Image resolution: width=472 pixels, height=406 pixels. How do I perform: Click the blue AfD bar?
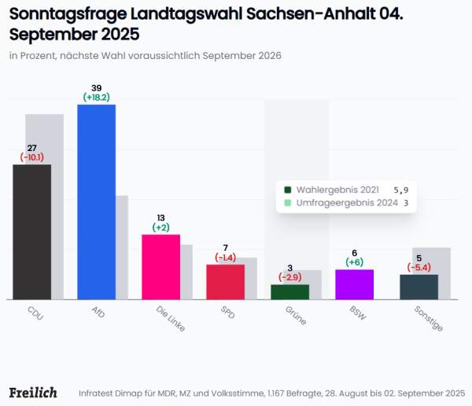(x=96, y=201)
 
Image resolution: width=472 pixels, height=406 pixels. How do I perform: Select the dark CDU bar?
(x=32, y=231)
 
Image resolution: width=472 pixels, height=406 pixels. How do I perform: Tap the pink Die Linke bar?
(x=160, y=267)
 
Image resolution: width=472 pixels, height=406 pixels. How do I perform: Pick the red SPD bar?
(x=225, y=282)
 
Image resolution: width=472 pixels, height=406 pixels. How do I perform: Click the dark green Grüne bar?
(x=289, y=292)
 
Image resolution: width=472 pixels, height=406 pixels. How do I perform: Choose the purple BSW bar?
(x=354, y=284)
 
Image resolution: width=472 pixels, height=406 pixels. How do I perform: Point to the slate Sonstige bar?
(x=419, y=286)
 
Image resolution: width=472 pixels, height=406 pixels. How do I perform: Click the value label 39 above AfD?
(x=97, y=87)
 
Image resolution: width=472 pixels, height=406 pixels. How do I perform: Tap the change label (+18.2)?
(x=97, y=97)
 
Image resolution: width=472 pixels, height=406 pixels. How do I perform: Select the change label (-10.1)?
(x=32, y=157)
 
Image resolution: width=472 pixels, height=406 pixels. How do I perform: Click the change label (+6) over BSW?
(x=354, y=262)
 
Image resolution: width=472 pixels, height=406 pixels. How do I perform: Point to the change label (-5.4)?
(x=419, y=268)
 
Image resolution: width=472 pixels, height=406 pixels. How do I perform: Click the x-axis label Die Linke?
(x=170, y=317)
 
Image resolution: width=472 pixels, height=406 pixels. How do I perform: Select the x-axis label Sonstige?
(x=428, y=317)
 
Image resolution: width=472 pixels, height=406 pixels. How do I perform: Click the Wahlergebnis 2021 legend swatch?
(x=288, y=190)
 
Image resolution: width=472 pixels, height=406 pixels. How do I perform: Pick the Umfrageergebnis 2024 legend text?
(x=346, y=203)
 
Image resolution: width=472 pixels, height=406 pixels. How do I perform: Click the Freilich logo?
(x=32, y=392)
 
